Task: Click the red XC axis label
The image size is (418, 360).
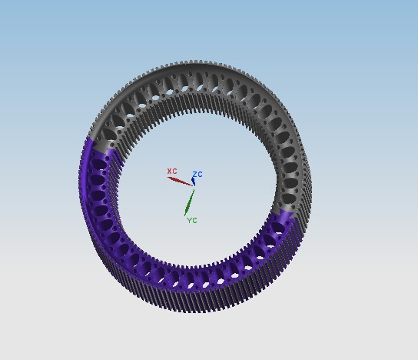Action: coord(172,171)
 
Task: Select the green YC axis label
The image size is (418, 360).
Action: coord(191,221)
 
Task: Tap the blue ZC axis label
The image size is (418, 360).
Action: coord(197,175)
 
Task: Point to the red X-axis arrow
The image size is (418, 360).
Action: coord(180,182)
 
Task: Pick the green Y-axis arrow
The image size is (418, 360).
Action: coord(189,202)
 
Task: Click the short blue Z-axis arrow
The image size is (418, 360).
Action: coord(194,182)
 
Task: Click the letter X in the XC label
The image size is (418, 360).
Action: coord(170,171)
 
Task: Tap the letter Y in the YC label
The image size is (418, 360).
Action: coord(189,221)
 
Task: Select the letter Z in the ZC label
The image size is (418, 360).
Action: coord(195,175)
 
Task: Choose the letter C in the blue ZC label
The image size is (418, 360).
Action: coord(201,175)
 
